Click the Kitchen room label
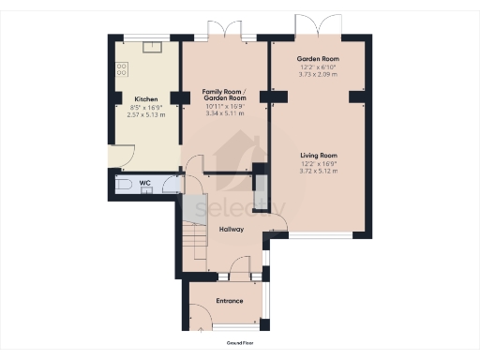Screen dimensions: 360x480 145,98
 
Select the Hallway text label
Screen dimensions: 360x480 231,229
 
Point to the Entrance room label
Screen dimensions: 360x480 230,301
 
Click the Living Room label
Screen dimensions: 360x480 318,155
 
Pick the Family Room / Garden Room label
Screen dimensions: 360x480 225,95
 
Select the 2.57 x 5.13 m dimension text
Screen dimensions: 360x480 145,114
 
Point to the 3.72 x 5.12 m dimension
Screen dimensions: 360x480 318,171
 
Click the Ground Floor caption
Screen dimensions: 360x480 239,346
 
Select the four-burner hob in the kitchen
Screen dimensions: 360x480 121,67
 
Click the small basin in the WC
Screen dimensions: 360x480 145,188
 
